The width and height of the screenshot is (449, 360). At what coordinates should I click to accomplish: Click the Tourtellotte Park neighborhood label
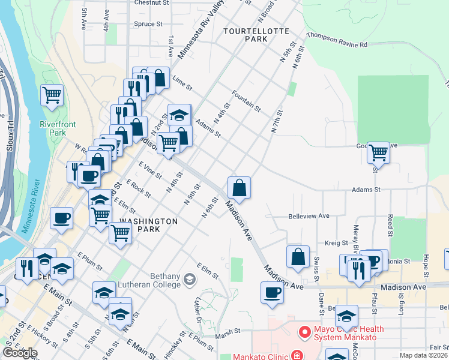[x=256, y=34]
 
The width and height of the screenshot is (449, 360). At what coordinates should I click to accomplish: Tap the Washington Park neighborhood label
[x=149, y=225]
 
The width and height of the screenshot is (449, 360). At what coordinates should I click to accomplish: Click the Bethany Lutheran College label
[x=153, y=280]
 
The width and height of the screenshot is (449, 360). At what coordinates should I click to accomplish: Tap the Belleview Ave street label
[x=309, y=216]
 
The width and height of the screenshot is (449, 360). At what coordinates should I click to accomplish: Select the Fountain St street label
[x=246, y=100]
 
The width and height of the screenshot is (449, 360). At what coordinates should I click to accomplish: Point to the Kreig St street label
[x=336, y=243]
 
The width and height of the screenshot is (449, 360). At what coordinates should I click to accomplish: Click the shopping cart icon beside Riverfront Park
[x=52, y=95]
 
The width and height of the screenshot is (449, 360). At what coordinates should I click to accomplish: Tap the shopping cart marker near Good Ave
[x=379, y=152]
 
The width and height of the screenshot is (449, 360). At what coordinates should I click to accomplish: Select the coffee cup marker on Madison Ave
[x=272, y=292]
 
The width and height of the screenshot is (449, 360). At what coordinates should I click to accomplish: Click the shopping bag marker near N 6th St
[x=240, y=187]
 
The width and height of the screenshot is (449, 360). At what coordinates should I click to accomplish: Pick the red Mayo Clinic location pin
[x=304, y=331]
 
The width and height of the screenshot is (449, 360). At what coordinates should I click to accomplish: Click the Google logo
[x=20, y=353]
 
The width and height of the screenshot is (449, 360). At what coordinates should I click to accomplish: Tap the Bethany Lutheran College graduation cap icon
[x=190, y=279]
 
